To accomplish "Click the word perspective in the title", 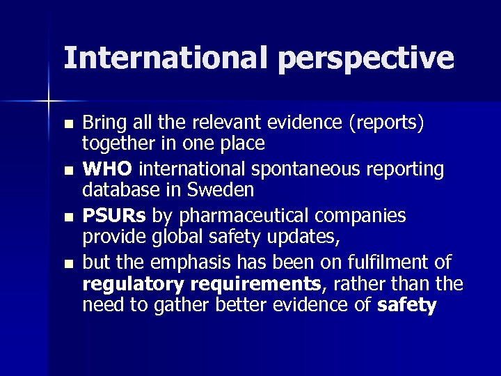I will click(366, 59).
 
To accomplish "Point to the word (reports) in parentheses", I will click(389, 123).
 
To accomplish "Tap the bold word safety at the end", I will click(407, 306).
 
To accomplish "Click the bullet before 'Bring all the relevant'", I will click(67, 125).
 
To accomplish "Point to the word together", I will click(114, 143).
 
